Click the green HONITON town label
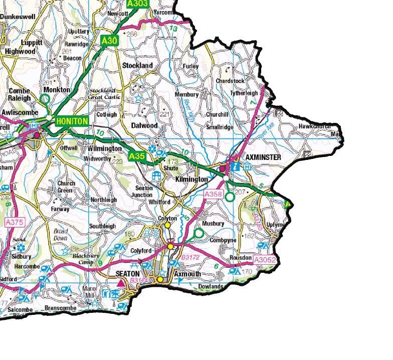72,121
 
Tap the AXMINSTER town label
263,157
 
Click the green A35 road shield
137,156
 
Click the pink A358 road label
213,194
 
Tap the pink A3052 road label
265,260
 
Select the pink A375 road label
15,221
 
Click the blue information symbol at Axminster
234,166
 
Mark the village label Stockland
137,66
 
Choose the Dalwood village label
144,125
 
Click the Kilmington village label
191,179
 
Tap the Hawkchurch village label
314,126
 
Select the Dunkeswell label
19,17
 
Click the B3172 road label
190,257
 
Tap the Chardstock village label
230,81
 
